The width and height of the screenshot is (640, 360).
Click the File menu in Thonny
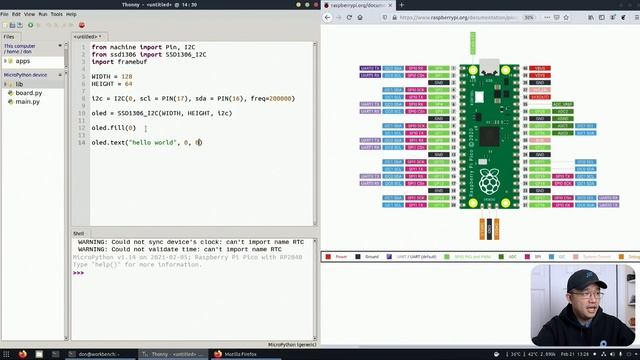tap(5, 14)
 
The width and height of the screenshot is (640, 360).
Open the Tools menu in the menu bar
tap(55, 14)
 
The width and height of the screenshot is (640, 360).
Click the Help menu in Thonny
tap(70, 14)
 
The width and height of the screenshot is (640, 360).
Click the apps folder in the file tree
tap(22, 61)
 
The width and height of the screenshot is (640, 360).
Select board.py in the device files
tap(28, 93)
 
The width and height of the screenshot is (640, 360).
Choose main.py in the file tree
tap(28, 102)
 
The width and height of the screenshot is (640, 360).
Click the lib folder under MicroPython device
tap(19, 84)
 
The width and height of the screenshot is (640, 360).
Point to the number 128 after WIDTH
tap(126, 76)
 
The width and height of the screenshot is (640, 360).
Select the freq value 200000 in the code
tap(281, 99)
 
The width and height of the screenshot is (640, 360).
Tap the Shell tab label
tap(78, 233)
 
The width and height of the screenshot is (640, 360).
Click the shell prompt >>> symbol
tap(78, 273)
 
